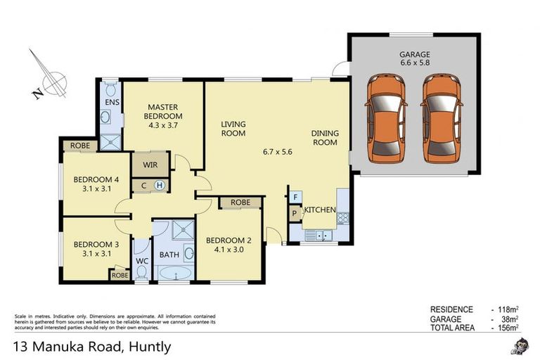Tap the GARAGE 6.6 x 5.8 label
point(414,58)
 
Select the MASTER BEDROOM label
point(163,111)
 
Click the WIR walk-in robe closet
point(150,165)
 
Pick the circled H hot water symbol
point(160,186)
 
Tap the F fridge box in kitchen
point(295,197)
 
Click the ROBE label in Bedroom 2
point(240,202)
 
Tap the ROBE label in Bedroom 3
point(119,276)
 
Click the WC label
point(141,261)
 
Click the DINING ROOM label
point(325,138)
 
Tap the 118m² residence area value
point(504,309)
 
